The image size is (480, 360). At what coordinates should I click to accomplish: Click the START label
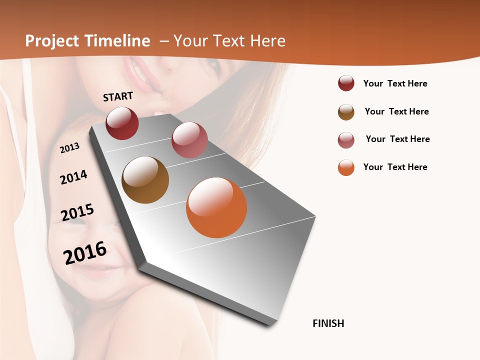(x=118, y=96)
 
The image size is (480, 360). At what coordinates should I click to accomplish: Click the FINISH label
(x=328, y=323)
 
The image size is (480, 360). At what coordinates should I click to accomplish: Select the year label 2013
(x=70, y=147)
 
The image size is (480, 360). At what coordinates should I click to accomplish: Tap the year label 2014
(x=74, y=177)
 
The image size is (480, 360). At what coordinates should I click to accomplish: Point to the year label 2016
(x=85, y=252)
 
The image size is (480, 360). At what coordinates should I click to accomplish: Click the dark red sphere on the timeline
(x=122, y=123)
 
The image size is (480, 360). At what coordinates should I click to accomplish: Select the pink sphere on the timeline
(x=189, y=140)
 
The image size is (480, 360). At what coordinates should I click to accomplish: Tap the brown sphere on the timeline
(x=145, y=180)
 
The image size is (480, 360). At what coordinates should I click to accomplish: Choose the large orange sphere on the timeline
(x=216, y=207)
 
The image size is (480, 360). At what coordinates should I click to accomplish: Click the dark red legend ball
(x=346, y=83)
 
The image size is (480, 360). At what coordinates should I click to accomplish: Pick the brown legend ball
(x=346, y=112)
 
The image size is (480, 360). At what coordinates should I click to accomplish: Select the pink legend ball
(x=346, y=140)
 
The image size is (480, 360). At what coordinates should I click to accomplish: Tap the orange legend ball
(x=346, y=168)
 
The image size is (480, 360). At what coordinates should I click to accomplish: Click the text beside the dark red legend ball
(x=395, y=83)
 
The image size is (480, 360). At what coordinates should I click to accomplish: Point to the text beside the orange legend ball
(x=395, y=167)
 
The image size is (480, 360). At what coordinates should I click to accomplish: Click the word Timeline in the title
(x=118, y=41)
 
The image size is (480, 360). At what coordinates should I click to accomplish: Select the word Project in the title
(x=52, y=41)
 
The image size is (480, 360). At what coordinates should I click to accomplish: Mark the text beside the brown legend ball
(x=397, y=111)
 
